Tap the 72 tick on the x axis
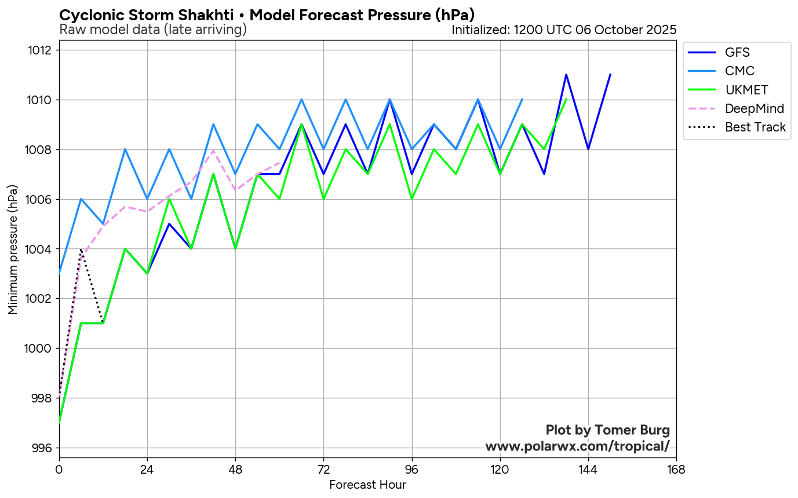coord(323,468)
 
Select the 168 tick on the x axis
coord(676,468)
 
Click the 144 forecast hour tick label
coord(588,468)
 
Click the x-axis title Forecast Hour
coord(367,485)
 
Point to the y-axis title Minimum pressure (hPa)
coord(13,250)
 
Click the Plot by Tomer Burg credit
coord(608,430)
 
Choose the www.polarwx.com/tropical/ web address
coord(577,446)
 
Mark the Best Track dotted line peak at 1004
coord(81,250)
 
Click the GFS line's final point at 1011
coord(610,75)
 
